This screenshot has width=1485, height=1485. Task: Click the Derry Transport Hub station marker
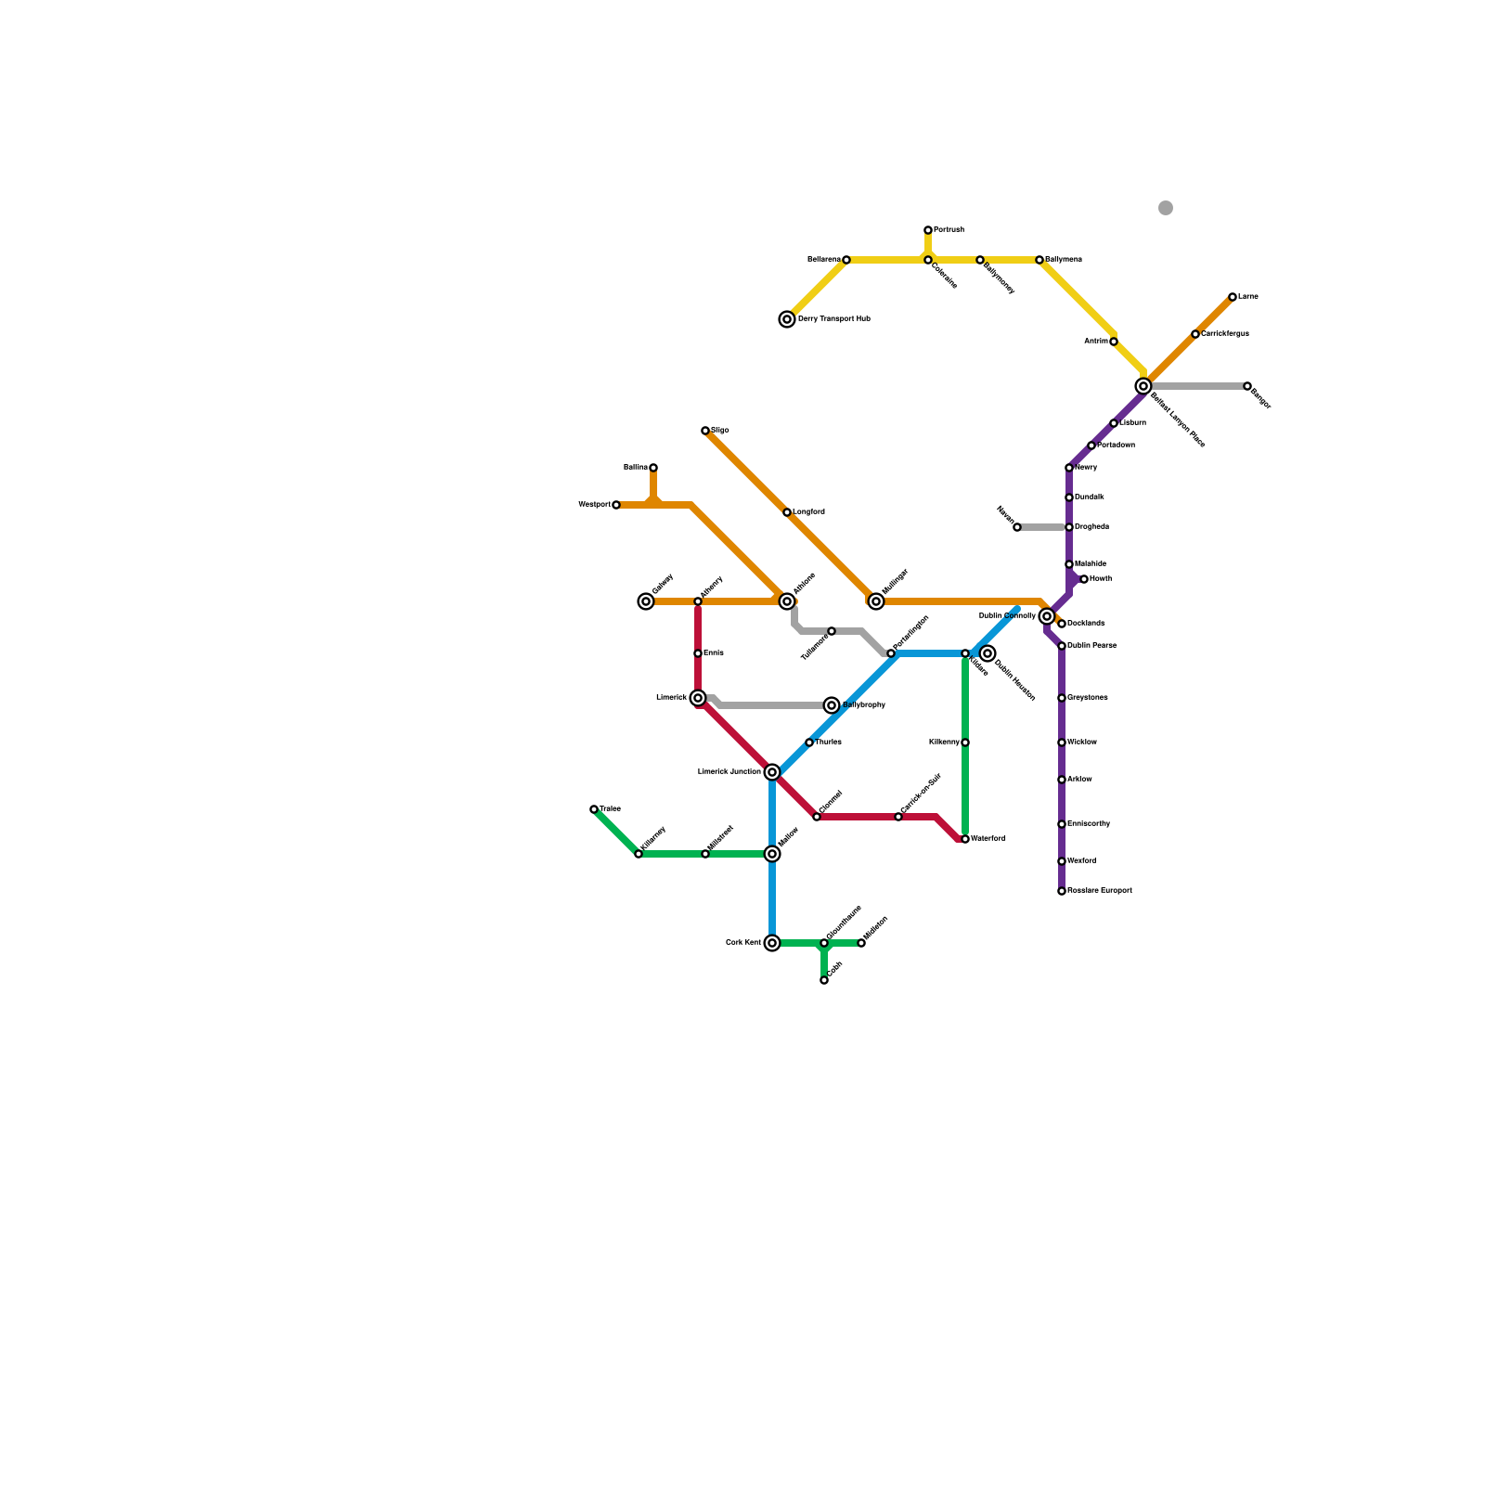[x=787, y=319]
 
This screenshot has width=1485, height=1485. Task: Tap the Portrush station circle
[x=928, y=230]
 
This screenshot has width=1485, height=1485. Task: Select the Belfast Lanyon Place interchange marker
[x=1143, y=386]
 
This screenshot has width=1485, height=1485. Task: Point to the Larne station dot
[x=1233, y=297]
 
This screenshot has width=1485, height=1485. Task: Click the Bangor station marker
[x=1247, y=386]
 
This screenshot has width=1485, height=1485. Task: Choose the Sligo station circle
[x=705, y=431]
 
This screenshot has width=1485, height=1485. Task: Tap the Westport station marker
[x=616, y=505]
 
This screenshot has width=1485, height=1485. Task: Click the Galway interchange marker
[x=646, y=601]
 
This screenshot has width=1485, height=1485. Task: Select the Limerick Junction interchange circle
[x=772, y=772]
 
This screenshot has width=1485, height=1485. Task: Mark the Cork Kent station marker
[x=772, y=943]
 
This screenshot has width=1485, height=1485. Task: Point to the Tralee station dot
[x=594, y=809]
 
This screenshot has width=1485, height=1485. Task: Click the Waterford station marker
[x=965, y=839]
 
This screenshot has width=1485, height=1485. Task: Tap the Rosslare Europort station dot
[x=1062, y=891]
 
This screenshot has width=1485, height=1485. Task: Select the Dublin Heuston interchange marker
[x=988, y=653]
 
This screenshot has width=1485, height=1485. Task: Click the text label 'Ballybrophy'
[x=864, y=705]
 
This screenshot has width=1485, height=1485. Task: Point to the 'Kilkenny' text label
[x=944, y=742]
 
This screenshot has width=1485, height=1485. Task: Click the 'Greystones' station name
[x=1088, y=698]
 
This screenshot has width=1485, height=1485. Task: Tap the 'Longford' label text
[x=808, y=512]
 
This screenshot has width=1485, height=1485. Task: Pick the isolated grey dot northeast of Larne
[x=1166, y=208]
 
